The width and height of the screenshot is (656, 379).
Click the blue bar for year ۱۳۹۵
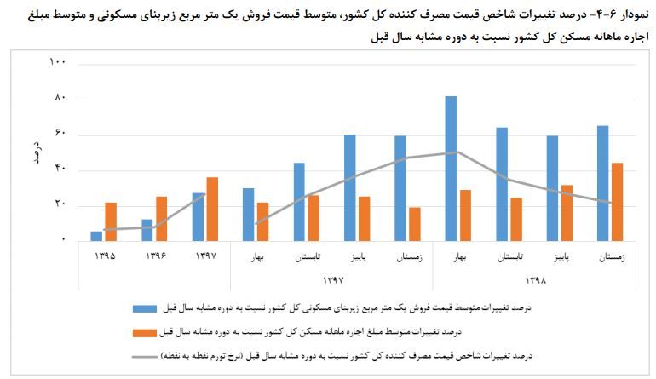pos(96,236)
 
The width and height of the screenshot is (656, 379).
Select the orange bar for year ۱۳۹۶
pos(161,219)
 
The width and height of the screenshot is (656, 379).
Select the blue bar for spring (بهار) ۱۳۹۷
pos(248,215)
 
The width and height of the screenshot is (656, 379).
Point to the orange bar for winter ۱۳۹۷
pos(414,224)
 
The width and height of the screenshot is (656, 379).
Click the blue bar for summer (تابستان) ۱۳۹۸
pos(502,184)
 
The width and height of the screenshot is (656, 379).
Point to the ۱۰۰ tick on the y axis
pos(57,64)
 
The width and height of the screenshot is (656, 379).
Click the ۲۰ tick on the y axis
pos(59,205)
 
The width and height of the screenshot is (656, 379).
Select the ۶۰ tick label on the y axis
pos(59,135)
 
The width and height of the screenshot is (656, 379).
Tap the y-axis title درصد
pos(36,152)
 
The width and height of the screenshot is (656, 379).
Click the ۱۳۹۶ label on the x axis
pos(155,255)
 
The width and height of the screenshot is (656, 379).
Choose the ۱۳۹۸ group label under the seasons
pos(534,279)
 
